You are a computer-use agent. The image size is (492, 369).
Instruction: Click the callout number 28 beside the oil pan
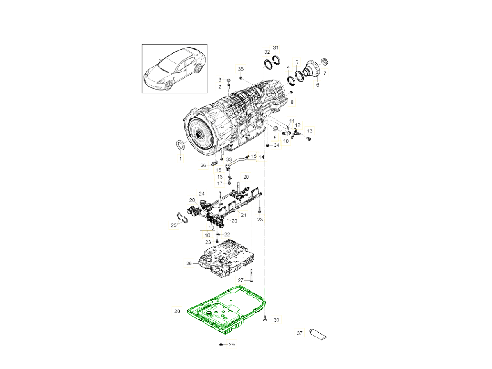click(177, 311)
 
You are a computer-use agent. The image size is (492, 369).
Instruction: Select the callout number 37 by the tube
click(299, 333)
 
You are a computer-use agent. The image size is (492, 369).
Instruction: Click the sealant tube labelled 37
click(317, 335)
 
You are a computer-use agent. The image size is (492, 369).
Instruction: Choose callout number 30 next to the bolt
click(276, 320)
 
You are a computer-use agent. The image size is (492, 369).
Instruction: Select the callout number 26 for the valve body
click(189, 263)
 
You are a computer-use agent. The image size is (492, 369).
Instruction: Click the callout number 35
click(241, 69)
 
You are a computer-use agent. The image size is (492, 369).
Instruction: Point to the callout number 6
click(317, 85)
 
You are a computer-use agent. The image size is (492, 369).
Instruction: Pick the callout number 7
click(325, 73)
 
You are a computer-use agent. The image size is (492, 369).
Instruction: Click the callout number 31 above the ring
click(276, 48)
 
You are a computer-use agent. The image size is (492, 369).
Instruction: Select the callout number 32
click(267, 52)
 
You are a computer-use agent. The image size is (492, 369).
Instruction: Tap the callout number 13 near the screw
click(310, 131)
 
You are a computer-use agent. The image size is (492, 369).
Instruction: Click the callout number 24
click(202, 194)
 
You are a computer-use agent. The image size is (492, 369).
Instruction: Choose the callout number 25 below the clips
click(174, 225)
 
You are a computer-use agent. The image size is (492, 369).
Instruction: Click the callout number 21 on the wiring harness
click(244, 215)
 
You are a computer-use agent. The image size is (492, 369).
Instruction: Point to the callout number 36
click(203, 165)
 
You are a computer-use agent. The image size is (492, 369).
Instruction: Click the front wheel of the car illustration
click(169, 85)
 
